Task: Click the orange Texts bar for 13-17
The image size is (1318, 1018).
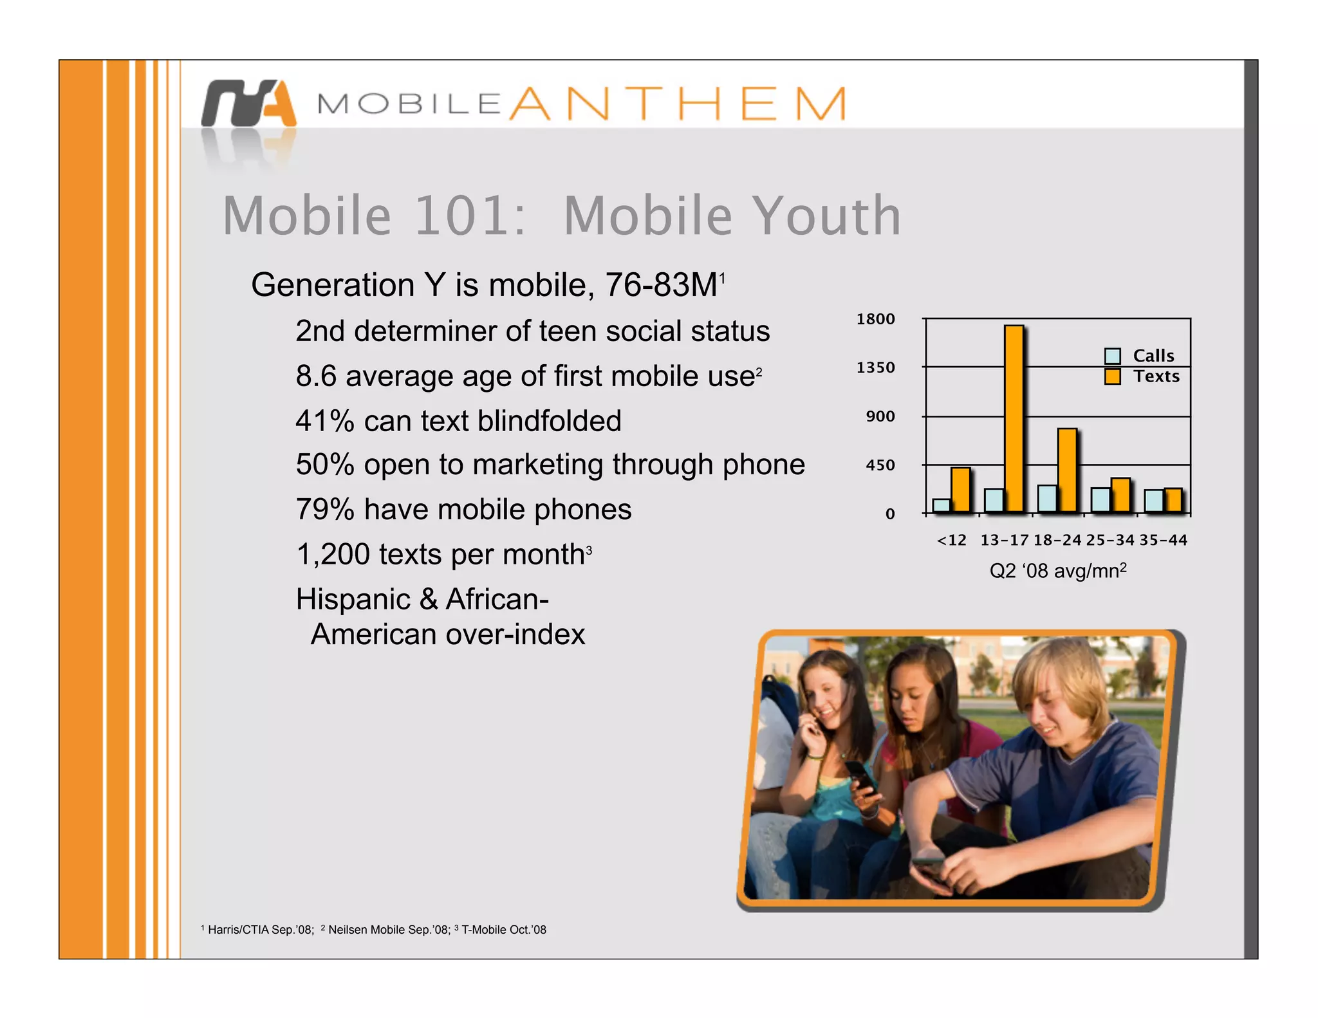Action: click(1014, 418)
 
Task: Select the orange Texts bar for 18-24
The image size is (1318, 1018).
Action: click(1067, 470)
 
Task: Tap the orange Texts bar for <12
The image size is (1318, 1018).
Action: click(960, 490)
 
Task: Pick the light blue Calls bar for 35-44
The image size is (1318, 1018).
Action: click(1153, 501)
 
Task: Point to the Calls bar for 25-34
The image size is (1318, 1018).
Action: click(1100, 500)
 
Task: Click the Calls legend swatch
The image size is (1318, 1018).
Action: click(1112, 356)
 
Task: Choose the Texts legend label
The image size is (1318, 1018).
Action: click(1156, 376)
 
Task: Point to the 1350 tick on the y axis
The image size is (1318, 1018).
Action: click(875, 367)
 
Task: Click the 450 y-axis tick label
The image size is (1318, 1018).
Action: click(880, 465)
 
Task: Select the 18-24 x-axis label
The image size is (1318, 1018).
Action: click(1057, 541)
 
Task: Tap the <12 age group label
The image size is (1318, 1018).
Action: click(951, 541)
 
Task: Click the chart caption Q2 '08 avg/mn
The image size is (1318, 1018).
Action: click(1057, 571)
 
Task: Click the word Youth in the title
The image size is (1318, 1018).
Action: click(826, 216)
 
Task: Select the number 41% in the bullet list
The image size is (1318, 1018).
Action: click(325, 421)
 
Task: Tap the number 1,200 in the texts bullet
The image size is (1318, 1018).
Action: click(333, 555)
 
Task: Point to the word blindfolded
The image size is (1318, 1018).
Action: click(550, 421)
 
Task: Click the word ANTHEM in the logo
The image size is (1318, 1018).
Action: click(678, 104)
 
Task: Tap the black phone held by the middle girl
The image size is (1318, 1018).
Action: click(860, 776)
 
